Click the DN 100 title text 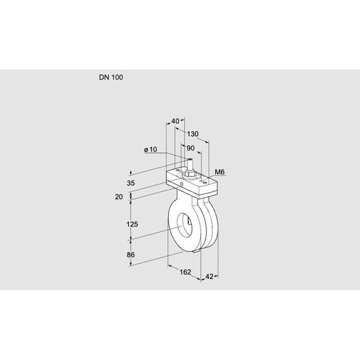pyautogui.click(x=112, y=77)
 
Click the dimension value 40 pyautogui.click(x=175, y=121)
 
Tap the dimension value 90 pyautogui.click(x=191, y=148)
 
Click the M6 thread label pyautogui.click(x=220, y=173)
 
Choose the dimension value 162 pyautogui.click(x=185, y=272)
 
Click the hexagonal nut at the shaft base pyautogui.click(x=189, y=174)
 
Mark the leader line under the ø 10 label pyautogui.click(x=169, y=154)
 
